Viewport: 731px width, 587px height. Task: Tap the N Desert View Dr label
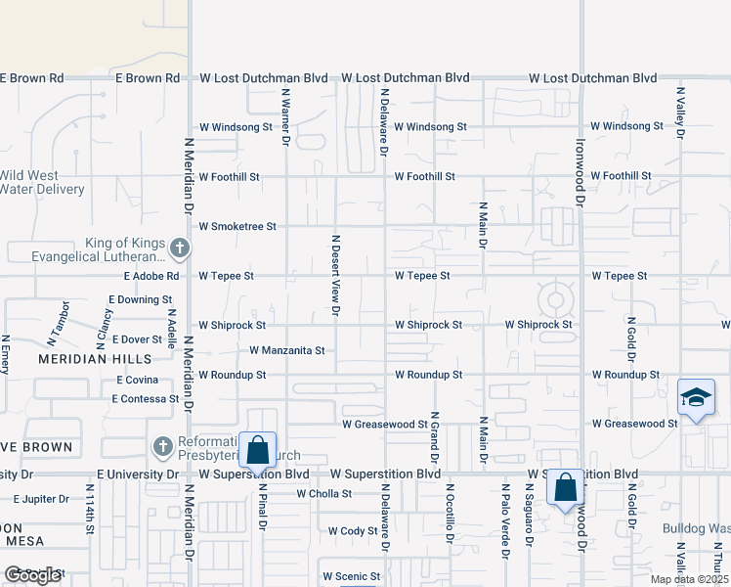click(335, 274)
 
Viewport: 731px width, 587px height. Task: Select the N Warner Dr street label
click(286, 117)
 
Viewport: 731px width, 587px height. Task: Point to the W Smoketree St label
click(237, 226)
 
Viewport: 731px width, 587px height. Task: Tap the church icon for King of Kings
click(179, 249)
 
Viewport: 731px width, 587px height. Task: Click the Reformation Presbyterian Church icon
click(164, 447)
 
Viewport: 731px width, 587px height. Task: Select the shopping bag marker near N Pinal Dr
click(258, 451)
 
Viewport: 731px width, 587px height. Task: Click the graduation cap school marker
click(696, 398)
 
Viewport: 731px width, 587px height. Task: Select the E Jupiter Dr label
click(36, 499)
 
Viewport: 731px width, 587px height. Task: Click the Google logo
click(32, 575)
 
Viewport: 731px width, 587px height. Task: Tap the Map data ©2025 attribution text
click(688, 579)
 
